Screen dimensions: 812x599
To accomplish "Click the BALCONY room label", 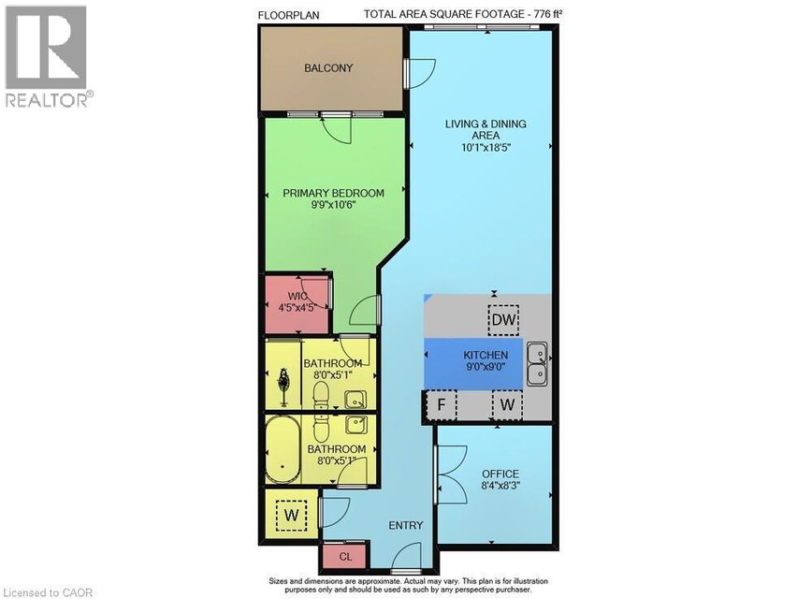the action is pyautogui.click(x=328, y=68).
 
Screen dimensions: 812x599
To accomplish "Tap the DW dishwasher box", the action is pyautogui.click(x=503, y=319).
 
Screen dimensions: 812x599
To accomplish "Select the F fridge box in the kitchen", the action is pyautogui.click(x=442, y=404).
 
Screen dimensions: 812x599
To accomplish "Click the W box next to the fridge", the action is pyautogui.click(x=507, y=404).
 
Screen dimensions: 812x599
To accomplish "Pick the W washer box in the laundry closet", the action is pyautogui.click(x=292, y=515).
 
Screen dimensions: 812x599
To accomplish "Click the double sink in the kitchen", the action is pyautogui.click(x=539, y=363).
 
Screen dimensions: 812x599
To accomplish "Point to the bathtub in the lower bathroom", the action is pyautogui.click(x=283, y=450).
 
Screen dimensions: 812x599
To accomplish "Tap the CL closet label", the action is pyautogui.click(x=346, y=557).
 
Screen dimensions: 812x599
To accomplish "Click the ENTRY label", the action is pyautogui.click(x=406, y=525).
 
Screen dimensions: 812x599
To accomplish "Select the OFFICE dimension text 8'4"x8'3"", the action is pyautogui.click(x=500, y=486).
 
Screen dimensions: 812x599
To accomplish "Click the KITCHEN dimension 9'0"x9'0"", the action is pyautogui.click(x=486, y=367).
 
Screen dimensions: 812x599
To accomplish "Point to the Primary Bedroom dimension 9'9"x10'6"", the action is pyautogui.click(x=333, y=205).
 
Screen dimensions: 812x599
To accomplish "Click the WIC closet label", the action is pyautogui.click(x=297, y=297).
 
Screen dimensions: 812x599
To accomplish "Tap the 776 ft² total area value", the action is pyautogui.click(x=548, y=14).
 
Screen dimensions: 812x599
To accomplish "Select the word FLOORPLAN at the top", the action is pyautogui.click(x=288, y=15).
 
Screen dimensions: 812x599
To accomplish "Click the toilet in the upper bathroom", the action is pyautogui.click(x=321, y=395).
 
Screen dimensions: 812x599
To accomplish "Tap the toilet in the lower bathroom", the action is pyautogui.click(x=321, y=428).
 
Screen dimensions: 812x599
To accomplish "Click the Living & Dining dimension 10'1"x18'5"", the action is pyautogui.click(x=486, y=148).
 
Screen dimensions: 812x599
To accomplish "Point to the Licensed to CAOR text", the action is pyautogui.click(x=48, y=592).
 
